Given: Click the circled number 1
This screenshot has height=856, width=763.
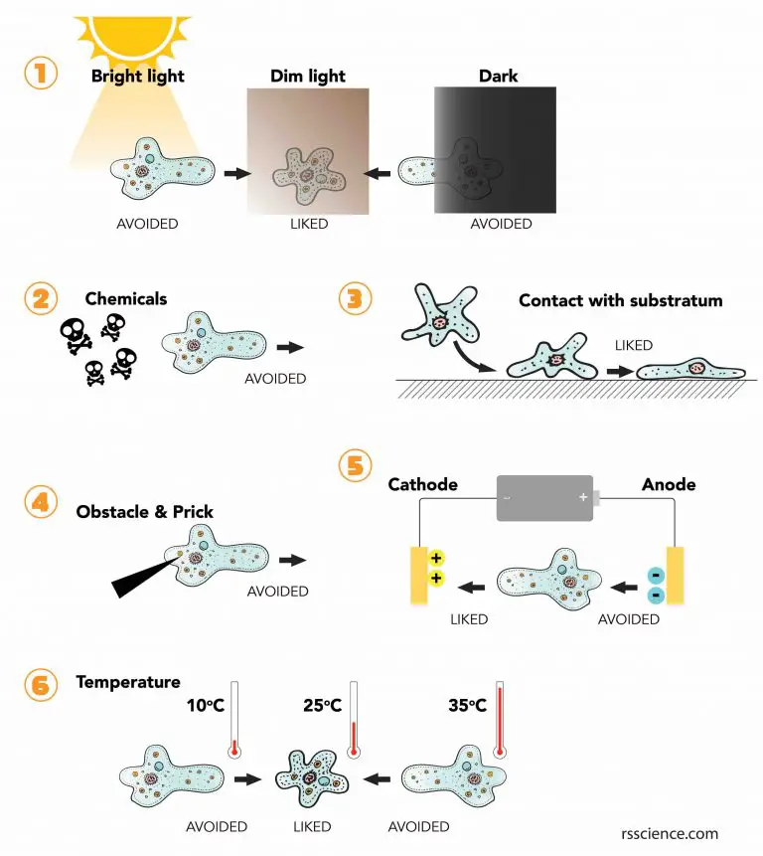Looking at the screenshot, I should pyautogui.click(x=41, y=76).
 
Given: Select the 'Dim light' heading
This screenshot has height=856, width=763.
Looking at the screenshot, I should pyautogui.click(x=307, y=75).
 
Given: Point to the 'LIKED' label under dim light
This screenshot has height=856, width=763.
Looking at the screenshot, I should pyautogui.click(x=308, y=224).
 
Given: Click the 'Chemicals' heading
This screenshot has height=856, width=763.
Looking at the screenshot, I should pyautogui.click(x=126, y=298).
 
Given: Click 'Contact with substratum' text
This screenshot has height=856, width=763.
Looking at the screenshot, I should pyautogui.click(x=620, y=300).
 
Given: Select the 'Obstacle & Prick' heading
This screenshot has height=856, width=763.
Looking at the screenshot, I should pyautogui.click(x=145, y=512).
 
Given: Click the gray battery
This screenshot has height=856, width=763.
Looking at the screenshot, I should pyautogui.click(x=543, y=497).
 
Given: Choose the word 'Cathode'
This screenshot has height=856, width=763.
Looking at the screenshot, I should pyautogui.click(x=422, y=484).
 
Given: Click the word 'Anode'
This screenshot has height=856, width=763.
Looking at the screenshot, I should pyautogui.click(x=669, y=484).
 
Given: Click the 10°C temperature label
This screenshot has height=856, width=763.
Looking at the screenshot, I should pyautogui.click(x=207, y=707).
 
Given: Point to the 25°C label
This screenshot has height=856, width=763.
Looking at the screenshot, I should pyautogui.click(x=322, y=707).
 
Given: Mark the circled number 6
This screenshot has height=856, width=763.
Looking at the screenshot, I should pyautogui.click(x=41, y=684).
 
